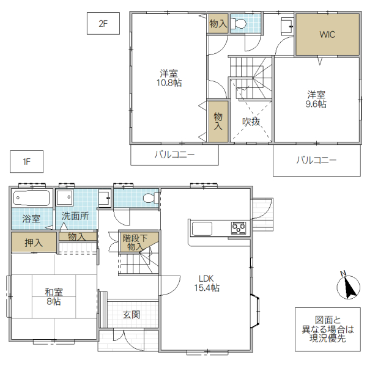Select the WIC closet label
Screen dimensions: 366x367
[327, 35]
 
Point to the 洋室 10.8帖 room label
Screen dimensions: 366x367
[169, 78]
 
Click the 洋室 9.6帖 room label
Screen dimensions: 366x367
[316, 99]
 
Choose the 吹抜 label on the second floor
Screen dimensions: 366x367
[251, 122]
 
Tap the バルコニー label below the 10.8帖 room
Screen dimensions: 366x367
[174, 155]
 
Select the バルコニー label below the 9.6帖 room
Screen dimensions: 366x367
[316, 161]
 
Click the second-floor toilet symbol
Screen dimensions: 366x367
[239, 24]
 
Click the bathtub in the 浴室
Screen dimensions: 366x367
[31, 199]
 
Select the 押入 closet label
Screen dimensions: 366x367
[33, 243]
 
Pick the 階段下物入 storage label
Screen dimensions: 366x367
[135, 243]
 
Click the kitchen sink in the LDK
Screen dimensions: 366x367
[202, 229]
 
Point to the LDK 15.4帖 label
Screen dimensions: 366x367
[207, 282]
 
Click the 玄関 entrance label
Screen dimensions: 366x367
[131, 315]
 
